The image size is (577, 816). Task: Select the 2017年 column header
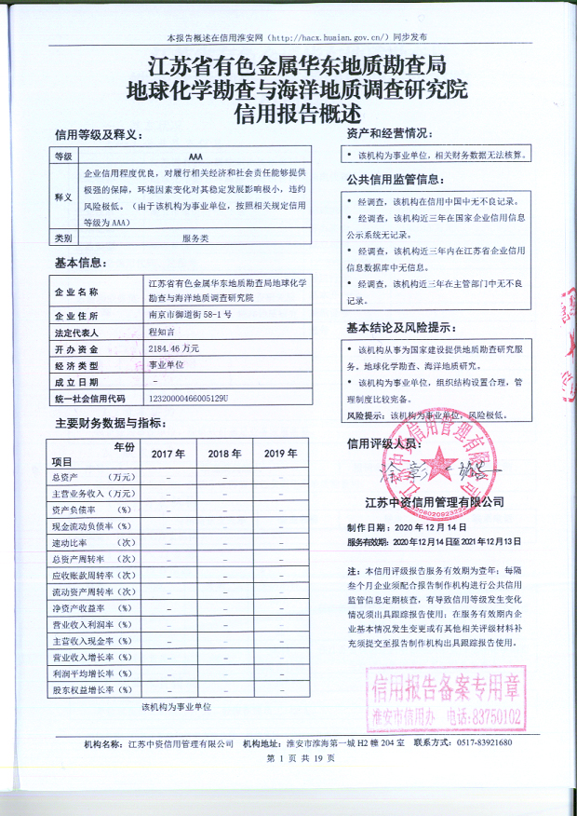[x=168, y=454]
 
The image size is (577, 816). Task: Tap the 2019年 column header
[x=280, y=454]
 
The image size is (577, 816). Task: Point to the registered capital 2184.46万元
[x=175, y=347]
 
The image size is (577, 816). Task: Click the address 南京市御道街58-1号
[x=190, y=315]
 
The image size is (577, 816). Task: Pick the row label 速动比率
[x=82, y=542]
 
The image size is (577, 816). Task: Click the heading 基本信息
[x=82, y=263]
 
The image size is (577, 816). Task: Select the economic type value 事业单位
[x=167, y=364]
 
